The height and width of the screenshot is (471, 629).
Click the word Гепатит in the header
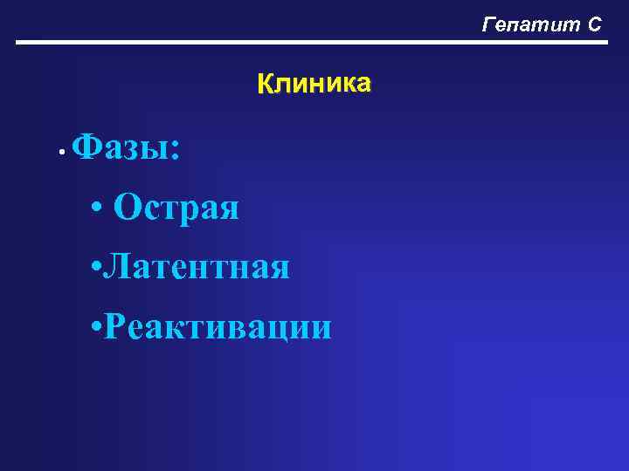[528, 24]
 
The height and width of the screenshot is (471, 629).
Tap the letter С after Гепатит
[593, 24]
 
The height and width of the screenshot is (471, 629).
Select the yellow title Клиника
[314, 84]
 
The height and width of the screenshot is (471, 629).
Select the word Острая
[176, 208]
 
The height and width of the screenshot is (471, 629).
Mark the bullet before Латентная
[95, 266]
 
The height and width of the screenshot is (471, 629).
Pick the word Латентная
[197, 267]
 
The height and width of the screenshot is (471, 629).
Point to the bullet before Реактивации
[95, 326]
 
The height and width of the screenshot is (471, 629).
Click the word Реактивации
[218, 327]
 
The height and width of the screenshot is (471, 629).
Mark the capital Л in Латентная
[114, 267]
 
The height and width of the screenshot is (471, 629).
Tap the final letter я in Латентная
[279, 269]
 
